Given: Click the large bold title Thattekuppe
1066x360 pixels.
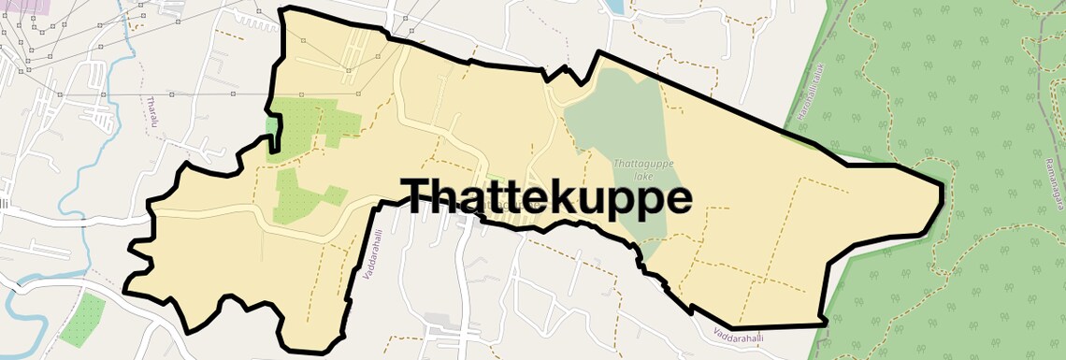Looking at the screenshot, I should pos(548,197).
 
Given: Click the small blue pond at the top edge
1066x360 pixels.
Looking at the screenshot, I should pos(613,7).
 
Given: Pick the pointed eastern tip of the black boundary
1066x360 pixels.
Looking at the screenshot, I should pos(941,192).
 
